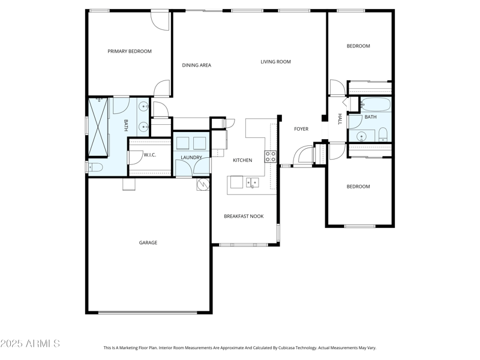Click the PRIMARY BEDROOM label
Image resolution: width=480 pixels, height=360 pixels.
click(130, 52)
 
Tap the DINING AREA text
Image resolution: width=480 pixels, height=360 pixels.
click(197, 65)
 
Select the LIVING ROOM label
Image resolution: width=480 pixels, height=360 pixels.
click(275, 62)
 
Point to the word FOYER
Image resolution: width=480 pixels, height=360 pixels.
click(301, 129)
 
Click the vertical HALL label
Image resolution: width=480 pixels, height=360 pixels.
click(340, 119)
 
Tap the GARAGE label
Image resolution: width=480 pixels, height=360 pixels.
click(148, 243)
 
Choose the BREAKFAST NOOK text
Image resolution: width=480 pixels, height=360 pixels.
click(244, 217)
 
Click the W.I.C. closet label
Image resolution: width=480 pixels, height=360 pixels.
click(149, 155)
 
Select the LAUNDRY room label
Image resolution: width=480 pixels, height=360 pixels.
click(192, 158)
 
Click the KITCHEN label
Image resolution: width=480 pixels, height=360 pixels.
click(242, 160)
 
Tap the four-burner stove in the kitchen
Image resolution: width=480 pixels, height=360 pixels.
click(271, 157)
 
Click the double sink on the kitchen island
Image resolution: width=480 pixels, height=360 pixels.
click(251, 182)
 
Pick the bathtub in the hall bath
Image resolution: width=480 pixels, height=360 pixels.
click(376, 105)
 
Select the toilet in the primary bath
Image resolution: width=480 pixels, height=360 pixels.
click(95, 167)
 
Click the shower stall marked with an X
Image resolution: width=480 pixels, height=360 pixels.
click(100, 126)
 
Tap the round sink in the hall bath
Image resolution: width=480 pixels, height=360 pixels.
click(361, 136)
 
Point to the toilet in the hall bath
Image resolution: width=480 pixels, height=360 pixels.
click(383, 134)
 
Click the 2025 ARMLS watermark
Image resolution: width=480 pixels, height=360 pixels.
click(30, 344)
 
